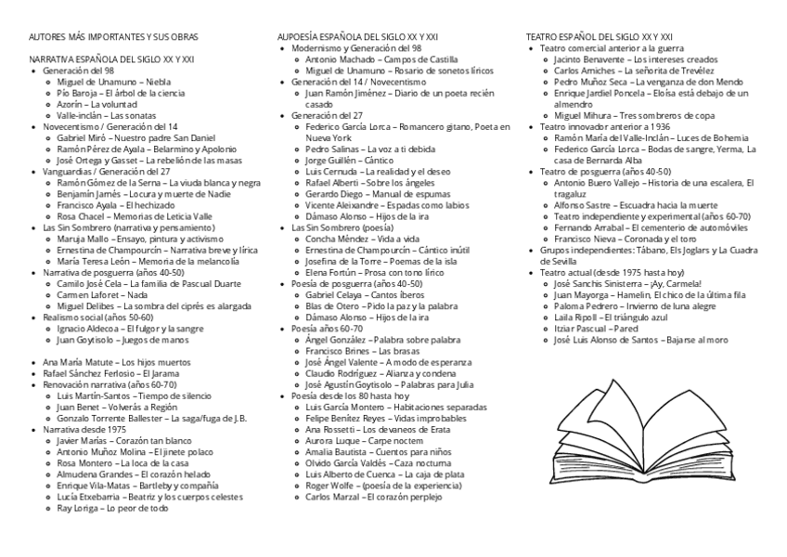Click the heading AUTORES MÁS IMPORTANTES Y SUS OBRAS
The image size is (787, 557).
(113, 36)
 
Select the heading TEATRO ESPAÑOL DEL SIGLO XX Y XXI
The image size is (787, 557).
(599, 36)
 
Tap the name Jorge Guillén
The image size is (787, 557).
(330, 161)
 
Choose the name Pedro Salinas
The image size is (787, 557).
(331, 149)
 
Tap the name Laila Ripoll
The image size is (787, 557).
(576, 317)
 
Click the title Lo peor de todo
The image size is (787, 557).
(136, 509)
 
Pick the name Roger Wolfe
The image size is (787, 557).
(330, 486)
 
